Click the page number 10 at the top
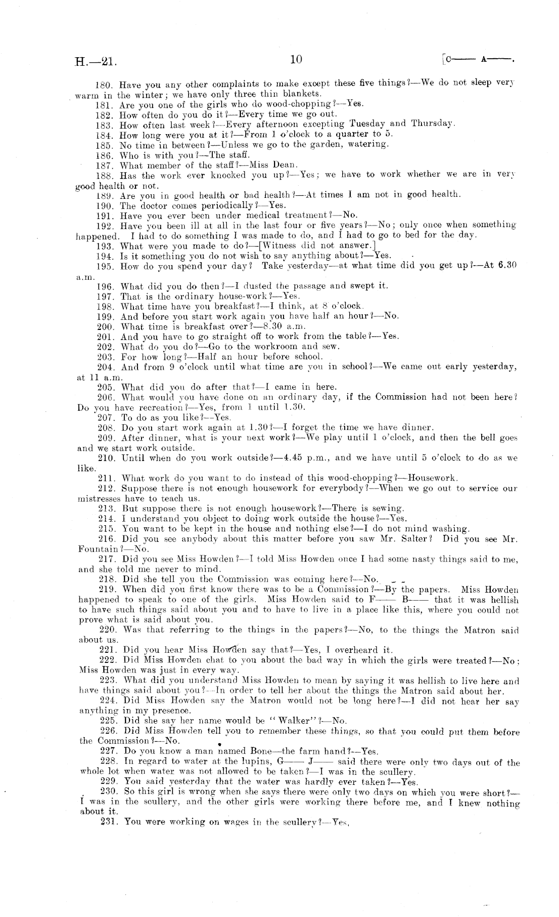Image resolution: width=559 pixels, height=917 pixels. tap(296, 59)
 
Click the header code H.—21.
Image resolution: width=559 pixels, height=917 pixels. tap(96, 62)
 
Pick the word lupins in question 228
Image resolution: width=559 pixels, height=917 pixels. tap(256, 762)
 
